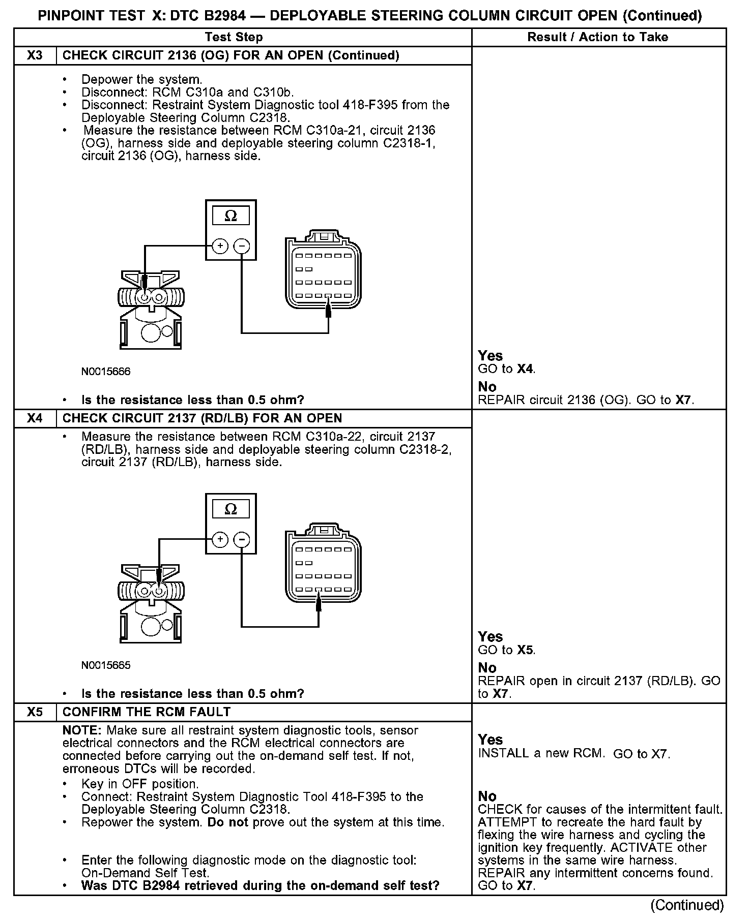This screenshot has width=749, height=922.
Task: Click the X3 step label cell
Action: tap(35, 55)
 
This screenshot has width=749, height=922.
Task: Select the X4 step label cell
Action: tap(35, 418)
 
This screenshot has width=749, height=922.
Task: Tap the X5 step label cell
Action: tap(35, 712)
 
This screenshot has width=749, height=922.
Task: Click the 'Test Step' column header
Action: tap(234, 37)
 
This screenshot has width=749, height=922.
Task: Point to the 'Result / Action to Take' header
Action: tap(598, 37)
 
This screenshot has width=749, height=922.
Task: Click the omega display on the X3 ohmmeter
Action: tap(231, 216)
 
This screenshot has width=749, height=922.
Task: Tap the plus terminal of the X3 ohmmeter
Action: tap(220, 246)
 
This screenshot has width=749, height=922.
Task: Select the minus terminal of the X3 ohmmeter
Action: tap(241, 246)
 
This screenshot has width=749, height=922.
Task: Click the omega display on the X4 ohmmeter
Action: tap(231, 509)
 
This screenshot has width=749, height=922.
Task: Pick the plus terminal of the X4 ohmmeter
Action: tap(220, 539)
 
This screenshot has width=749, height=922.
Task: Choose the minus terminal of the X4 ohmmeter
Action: tap(241, 539)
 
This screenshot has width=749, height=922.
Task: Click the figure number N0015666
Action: tap(106, 372)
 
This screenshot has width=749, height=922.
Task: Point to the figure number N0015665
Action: tap(106, 665)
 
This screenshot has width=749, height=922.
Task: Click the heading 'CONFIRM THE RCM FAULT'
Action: tap(147, 712)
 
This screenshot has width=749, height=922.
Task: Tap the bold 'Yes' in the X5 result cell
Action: tap(491, 740)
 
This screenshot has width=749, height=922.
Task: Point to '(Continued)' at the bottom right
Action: tap(687, 905)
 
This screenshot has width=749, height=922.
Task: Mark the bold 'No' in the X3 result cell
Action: tap(487, 387)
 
